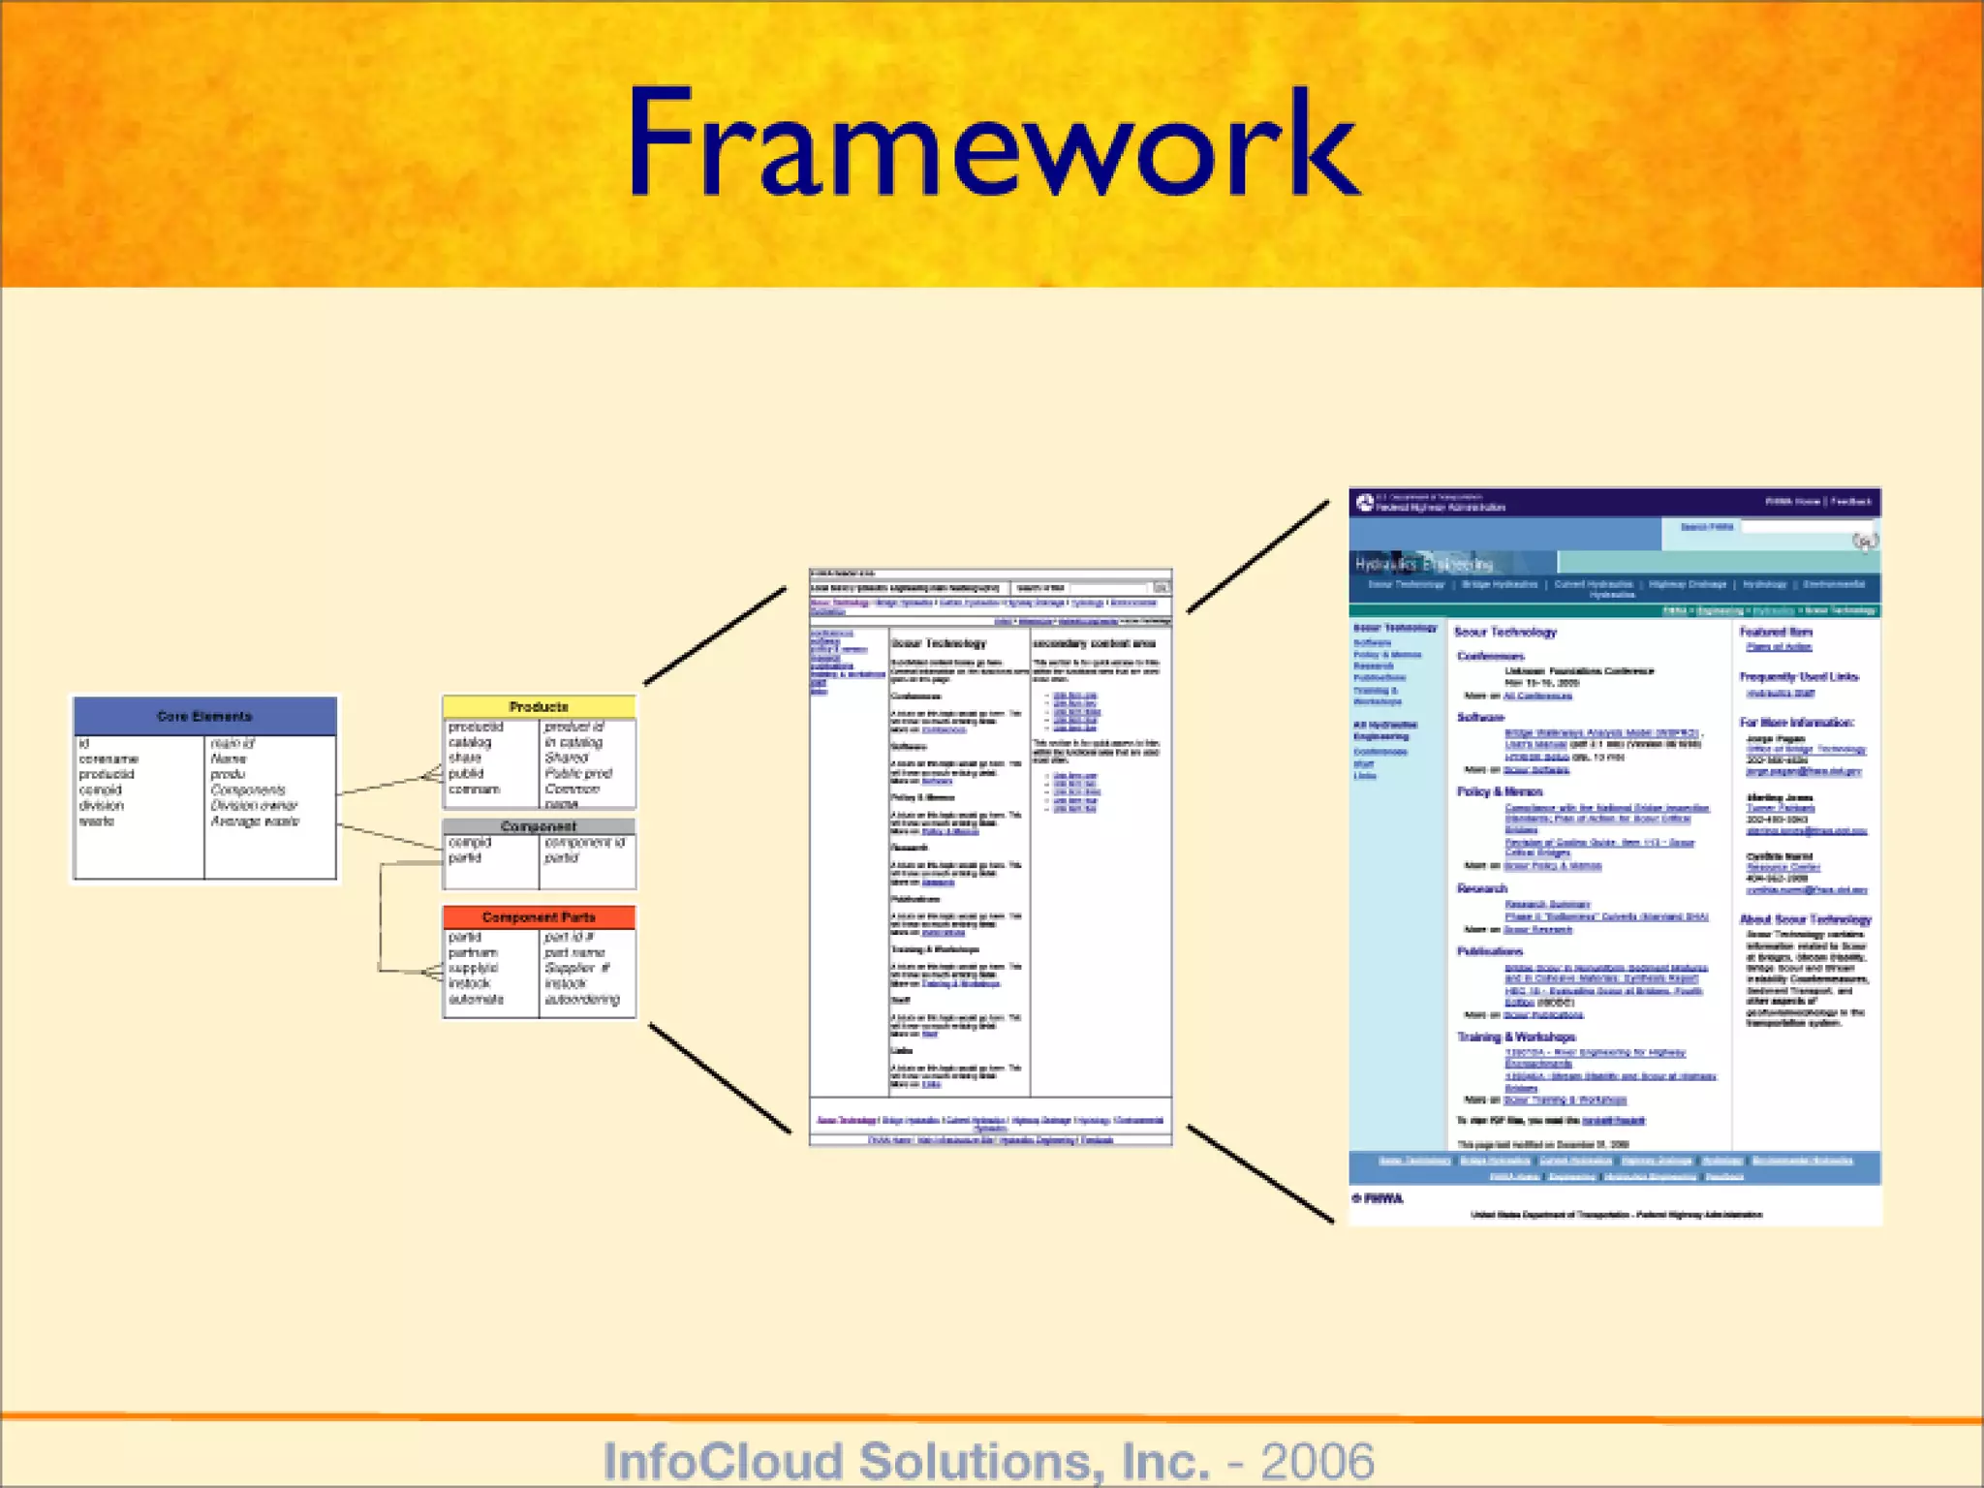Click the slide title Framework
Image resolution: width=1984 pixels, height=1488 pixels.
point(993,145)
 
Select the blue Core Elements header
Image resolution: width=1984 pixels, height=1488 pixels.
point(204,716)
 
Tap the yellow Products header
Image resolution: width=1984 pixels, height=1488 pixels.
point(539,706)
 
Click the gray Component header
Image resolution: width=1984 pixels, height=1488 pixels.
point(539,826)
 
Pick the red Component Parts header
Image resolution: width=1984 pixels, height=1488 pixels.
point(539,916)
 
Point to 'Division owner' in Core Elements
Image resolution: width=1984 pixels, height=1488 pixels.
point(254,805)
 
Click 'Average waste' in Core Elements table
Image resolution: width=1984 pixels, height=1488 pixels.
point(255,821)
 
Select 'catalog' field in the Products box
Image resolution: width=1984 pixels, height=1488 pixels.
point(470,742)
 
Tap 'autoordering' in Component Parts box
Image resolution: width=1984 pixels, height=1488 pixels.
point(581,999)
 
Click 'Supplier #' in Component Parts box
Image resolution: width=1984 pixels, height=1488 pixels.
point(576,968)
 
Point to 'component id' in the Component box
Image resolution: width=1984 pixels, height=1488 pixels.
point(584,842)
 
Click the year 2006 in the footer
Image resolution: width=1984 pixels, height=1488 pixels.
point(1317,1461)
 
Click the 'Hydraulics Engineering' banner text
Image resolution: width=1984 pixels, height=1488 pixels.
point(1423,564)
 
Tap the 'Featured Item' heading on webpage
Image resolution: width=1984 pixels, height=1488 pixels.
point(1775,632)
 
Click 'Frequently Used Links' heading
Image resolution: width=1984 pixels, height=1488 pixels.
point(1798,676)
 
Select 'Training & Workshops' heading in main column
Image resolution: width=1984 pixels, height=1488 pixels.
point(1516,1037)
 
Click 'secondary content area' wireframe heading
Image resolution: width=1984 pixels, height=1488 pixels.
point(1093,643)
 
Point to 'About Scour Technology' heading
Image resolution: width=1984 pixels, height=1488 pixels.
point(1805,919)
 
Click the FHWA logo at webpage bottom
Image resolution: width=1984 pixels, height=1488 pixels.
point(1378,1198)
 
